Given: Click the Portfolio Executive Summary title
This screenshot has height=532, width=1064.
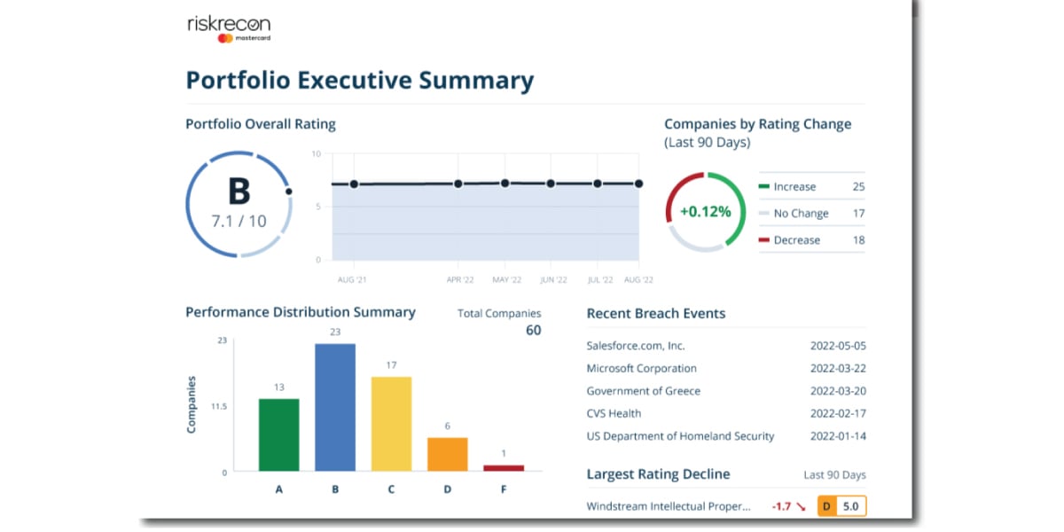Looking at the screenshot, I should [x=359, y=81].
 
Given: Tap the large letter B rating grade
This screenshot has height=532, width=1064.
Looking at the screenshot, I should [x=239, y=192].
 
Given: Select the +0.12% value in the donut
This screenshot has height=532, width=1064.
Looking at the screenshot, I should [x=706, y=212].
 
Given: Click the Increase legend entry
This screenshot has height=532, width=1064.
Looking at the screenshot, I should [x=794, y=187].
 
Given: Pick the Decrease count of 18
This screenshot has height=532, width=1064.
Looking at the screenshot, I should [x=857, y=240].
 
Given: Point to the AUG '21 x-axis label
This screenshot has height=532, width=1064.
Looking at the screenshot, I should [x=352, y=279].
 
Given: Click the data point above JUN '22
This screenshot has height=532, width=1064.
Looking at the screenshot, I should [x=551, y=184].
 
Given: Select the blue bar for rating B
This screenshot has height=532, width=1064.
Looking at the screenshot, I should [x=335, y=407].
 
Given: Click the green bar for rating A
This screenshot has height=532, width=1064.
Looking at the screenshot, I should [x=278, y=434].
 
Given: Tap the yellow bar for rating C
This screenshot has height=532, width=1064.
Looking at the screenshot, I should [x=391, y=424].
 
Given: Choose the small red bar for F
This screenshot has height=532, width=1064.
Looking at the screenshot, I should [x=504, y=467].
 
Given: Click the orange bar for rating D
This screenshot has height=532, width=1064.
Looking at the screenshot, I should [x=447, y=454].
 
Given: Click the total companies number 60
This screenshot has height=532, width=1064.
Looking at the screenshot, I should [x=533, y=331].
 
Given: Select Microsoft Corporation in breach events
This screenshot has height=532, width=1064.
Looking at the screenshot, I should [x=641, y=368].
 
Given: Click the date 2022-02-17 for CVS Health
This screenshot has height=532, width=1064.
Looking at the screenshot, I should [x=838, y=413].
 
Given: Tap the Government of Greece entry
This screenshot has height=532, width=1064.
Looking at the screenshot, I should [x=643, y=391].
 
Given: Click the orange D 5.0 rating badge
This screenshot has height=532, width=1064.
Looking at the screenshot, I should [x=841, y=506].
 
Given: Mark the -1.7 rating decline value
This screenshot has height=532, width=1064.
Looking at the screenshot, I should [x=781, y=506].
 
